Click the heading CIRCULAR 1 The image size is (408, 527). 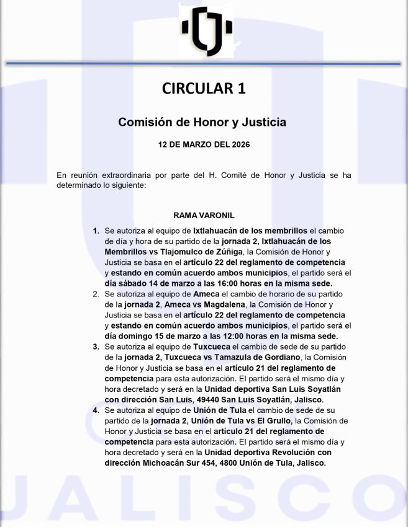(x=204, y=88)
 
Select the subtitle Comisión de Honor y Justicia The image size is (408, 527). (x=202, y=122)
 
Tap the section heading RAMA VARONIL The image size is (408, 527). (x=203, y=215)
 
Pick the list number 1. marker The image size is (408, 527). (x=96, y=231)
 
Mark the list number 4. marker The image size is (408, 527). (x=96, y=410)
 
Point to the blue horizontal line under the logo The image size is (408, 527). (x=204, y=63)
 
